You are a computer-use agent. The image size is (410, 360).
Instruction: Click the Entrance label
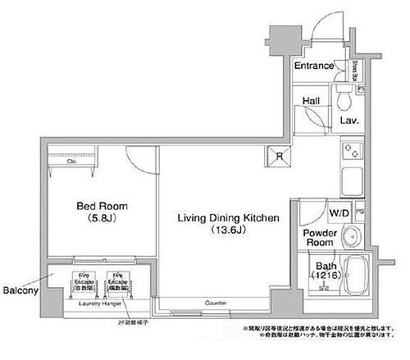coord(313,66)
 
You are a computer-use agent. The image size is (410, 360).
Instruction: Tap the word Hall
coord(311,101)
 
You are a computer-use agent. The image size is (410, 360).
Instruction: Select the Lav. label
coord(350,120)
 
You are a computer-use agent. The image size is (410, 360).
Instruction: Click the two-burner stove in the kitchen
coord(353,152)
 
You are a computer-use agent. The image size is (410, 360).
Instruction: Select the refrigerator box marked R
coord(280,157)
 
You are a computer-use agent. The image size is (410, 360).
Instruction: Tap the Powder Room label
coord(319,237)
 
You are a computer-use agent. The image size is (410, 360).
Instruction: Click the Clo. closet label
coord(71,162)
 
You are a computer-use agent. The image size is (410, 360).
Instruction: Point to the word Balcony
coord(18,290)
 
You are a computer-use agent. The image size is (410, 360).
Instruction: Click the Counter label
coord(216,303)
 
